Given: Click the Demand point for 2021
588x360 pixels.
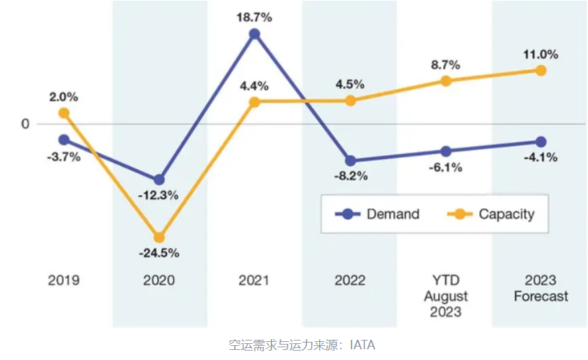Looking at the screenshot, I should (x=255, y=34).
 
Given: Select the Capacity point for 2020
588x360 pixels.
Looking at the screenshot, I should (x=159, y=237).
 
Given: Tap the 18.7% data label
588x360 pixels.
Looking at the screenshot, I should (x=255, y=14).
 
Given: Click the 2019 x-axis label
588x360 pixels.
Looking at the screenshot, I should (x=64, y=280).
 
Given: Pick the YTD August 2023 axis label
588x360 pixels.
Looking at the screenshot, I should (x=446, y=296).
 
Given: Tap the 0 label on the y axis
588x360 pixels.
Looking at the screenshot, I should (x=26, y=124).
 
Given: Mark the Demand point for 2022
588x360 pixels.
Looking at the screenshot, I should (x=350, y=161).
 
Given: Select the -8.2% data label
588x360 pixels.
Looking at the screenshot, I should (x=350, y=178).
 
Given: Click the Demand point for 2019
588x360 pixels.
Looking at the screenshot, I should (x=64, y=140).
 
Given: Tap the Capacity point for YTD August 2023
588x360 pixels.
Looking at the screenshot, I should (x=446, y=81).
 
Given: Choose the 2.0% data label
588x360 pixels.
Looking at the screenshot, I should (x=64, y=97).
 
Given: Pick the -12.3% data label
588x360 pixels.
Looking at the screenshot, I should (x=159, y=195).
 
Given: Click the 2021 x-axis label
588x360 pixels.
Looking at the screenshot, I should (x=255, y=280).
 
